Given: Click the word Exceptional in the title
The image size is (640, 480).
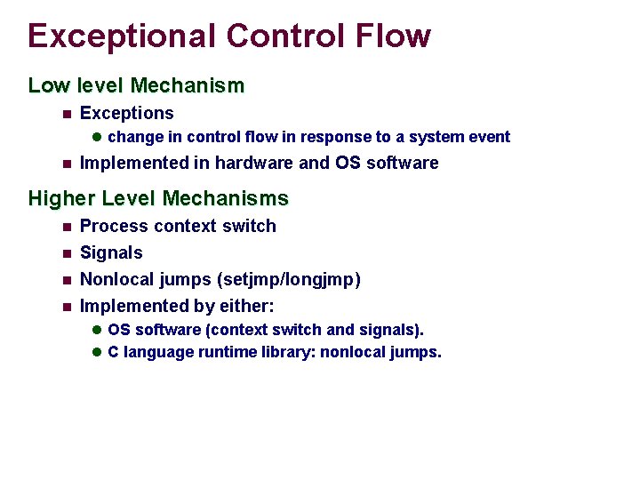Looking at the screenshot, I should tap(121, 36).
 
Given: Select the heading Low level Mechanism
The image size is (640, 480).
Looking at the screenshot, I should tap(136, 86).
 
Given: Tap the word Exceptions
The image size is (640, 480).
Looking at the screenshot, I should tap(127, 113).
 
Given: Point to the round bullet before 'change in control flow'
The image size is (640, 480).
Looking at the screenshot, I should tap(98, 137).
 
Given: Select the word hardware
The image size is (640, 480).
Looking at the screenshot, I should tap(254, 163).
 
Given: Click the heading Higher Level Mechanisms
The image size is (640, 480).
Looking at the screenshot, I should tap(158, 198).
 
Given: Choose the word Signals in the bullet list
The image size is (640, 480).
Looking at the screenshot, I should tap(111, 252).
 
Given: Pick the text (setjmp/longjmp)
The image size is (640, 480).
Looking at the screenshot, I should tap(289, 279).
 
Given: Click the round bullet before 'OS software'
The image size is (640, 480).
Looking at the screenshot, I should tap(98, 330).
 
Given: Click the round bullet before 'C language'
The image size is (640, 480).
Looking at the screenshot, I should tap(98, 352).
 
